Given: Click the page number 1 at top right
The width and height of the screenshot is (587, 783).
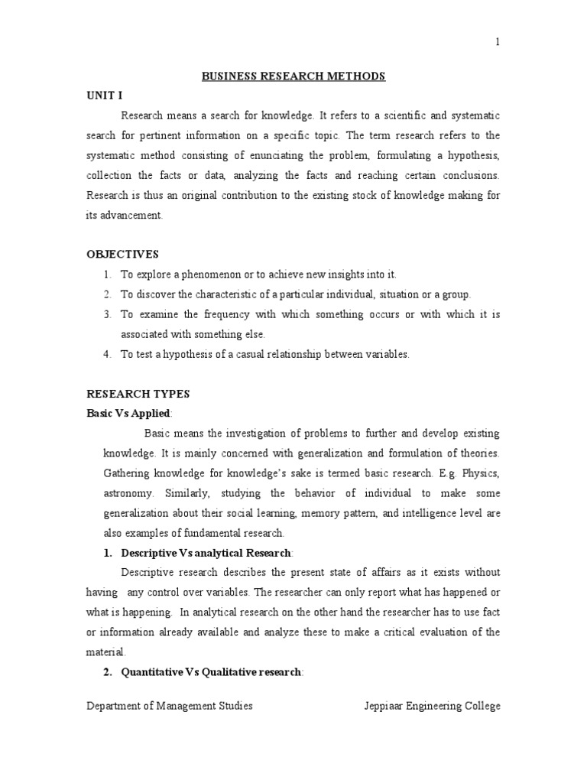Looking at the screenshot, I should coord(498,42).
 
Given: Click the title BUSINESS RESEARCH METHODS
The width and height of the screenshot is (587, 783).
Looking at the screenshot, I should coord(293,76).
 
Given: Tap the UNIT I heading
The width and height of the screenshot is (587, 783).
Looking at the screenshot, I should coord(105,95).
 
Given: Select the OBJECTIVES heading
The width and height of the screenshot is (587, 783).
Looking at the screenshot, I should coord(122,254).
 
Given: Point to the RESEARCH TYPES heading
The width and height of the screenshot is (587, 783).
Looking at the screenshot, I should coord(138,394).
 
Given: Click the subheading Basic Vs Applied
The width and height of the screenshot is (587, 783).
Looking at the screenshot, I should coord(128,414).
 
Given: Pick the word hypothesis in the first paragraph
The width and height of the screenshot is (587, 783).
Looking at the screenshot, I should coord(473,155).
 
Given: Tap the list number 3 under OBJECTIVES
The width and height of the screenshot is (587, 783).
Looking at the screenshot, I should coord(107,314).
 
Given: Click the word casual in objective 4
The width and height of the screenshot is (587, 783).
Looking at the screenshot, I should coord(270,354).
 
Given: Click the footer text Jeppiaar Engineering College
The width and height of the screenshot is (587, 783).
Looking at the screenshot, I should coord(432,706).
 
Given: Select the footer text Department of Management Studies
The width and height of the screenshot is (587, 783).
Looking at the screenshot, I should coord(169,706).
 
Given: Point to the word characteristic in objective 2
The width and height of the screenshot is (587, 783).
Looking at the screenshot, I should coord(234,294).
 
